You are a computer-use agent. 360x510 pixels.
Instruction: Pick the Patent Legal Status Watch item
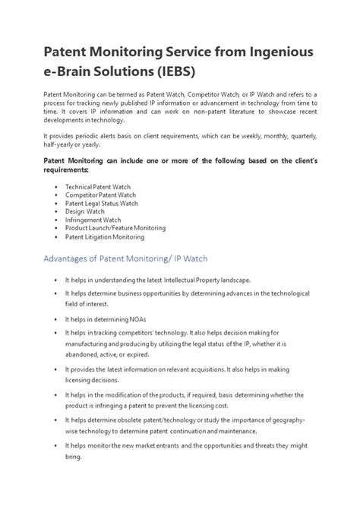point(102,203)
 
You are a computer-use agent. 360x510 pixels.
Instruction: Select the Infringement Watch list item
point(93,220)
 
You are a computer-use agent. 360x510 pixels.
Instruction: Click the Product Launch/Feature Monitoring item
point(115,229)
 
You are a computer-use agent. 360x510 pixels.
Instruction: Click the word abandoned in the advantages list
point(84,353)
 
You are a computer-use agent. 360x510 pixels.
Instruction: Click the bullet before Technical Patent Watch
point(56,185)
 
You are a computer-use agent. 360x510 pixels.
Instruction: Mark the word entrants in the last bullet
point(179,445)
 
